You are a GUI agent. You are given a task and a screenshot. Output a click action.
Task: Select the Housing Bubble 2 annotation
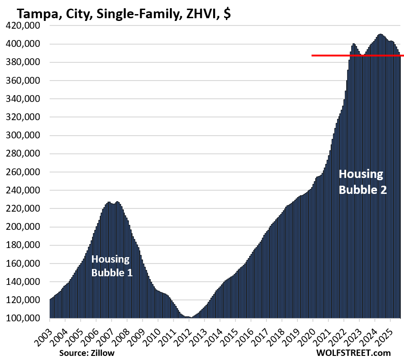coord(363,182)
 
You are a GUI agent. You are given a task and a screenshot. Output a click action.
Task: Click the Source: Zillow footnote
coord(87,353)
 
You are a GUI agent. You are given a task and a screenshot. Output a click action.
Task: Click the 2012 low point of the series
coord(190,317)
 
